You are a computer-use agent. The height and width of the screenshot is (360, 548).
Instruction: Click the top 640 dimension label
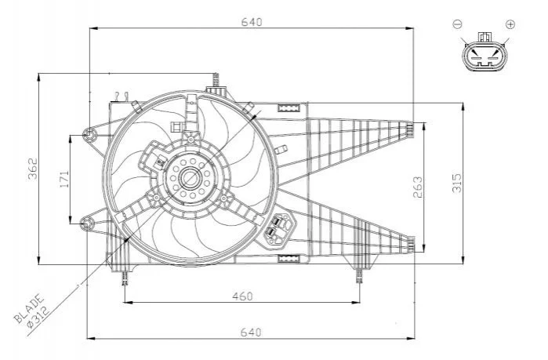coord(252,22)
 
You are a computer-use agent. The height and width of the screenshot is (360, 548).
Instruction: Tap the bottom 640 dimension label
coord(251,332)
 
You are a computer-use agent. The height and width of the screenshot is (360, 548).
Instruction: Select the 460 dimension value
coord(242,296)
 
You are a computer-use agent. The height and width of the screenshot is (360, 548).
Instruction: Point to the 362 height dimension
coord(32,169)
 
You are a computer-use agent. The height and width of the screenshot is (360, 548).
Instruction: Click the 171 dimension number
coord(64,179)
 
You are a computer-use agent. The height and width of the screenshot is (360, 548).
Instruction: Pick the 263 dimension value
coord(418,187)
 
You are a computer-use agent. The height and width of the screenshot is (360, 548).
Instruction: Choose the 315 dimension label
coord(457,183)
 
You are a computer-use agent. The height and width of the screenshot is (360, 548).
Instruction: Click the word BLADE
coord(29,308)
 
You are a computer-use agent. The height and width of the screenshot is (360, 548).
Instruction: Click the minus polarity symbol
coord(458,24)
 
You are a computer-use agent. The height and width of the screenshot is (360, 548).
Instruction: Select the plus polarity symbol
coord(510,24)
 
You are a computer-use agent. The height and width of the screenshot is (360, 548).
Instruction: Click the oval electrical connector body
coord(484,56)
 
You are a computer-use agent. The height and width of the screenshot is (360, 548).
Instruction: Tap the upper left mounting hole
coord(89,135)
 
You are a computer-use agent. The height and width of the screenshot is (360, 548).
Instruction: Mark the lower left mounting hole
coord(86,224)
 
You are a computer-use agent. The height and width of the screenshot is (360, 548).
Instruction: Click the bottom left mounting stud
coord(125,278)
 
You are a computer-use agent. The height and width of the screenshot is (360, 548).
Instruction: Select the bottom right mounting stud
coord(359,276)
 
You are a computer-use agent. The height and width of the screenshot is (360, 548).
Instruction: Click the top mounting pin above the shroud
coord(216,80)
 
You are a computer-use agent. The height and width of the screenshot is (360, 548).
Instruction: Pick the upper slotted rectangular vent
coord(289,107)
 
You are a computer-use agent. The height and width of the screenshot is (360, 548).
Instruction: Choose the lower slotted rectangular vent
coord(289,259)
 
